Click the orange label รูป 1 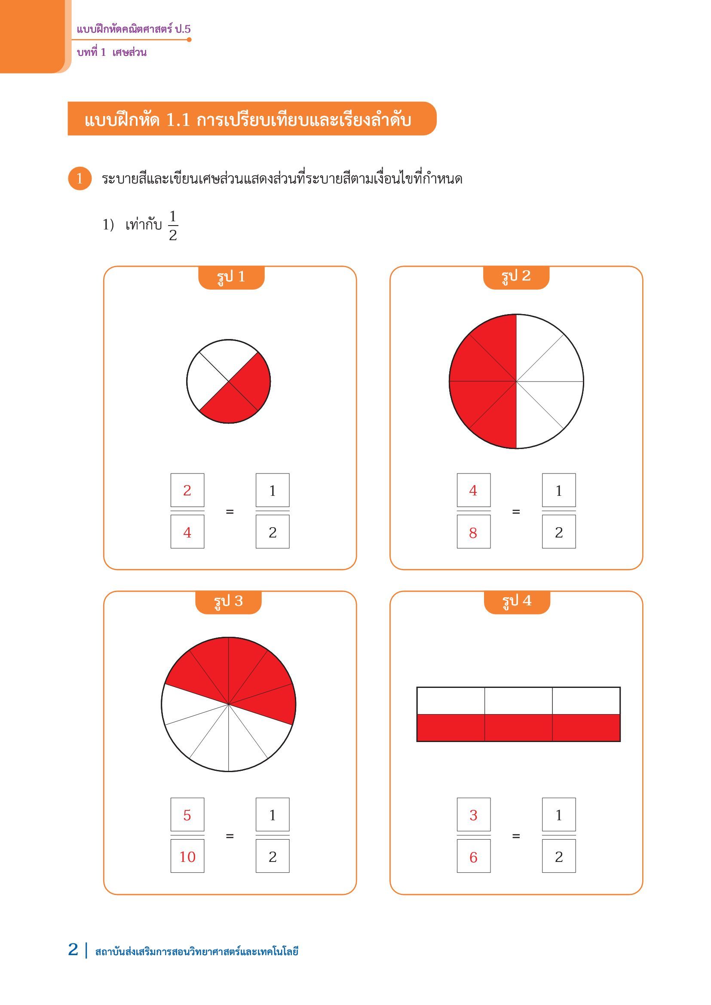[x=231, y=278]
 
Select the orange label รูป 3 [x=228, y=602]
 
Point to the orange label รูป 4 [x=517, y=602]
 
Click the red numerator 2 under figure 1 [x=187, y=490]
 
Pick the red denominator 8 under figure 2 [x=473, y=533]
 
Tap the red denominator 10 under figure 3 [x=187, y=857]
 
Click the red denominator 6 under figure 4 [x=473, y=857]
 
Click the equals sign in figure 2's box [x=516, y=511]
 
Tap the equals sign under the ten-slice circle [x=230, y=836]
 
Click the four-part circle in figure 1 [x=229, y=381]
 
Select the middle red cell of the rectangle [x=518, y=727]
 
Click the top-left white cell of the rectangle [x=451, y=701]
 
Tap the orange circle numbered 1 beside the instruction [x=80, y=179]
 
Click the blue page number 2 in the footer [x=73, y=950]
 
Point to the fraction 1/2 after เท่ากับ [x=173, y=226]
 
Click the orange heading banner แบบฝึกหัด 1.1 [x=252, y=119]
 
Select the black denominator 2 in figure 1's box [x=272, y=532]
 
